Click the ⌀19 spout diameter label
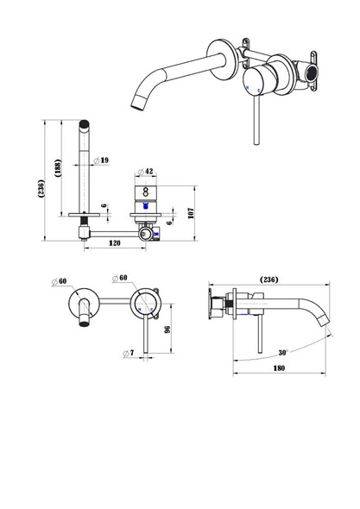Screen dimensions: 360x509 pos(101,160)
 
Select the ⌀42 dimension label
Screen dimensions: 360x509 pos(145,172)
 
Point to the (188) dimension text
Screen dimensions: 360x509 pos(58,167)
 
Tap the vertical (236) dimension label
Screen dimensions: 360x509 pos(41,188)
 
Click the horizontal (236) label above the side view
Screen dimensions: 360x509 pos(269,280)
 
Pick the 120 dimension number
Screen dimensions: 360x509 pos(114,243)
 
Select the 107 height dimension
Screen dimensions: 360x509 pos(191,213)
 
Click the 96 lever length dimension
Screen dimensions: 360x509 pos(167,330)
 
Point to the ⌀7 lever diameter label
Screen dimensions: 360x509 pos(129,353)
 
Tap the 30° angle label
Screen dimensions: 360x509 pos(283,353)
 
